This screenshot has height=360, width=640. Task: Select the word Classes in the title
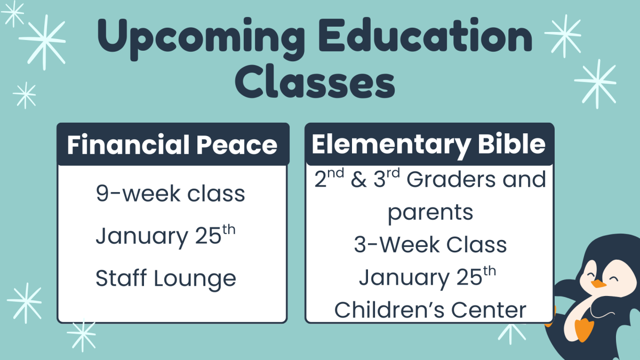pyautogui.click(x=315, y=83)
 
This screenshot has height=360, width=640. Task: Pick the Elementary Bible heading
pyautogui.click(x=429, y=144)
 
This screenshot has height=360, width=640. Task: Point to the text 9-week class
pyautogui.click(x=171, y=194)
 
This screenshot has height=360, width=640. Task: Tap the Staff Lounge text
pyautogui.click(x=166, y=278)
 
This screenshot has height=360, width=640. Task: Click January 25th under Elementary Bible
pyautogui.click(x=428, y=277)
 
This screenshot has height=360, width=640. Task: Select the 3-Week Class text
pyautogui.click(x=430, y=245)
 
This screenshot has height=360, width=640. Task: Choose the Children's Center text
pyautogui.click(x=430, y=310)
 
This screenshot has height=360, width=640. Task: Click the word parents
pyautogui.click(x=430, y=213)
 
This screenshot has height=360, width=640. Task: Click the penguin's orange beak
pyautogui.click(x=598, y=284)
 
